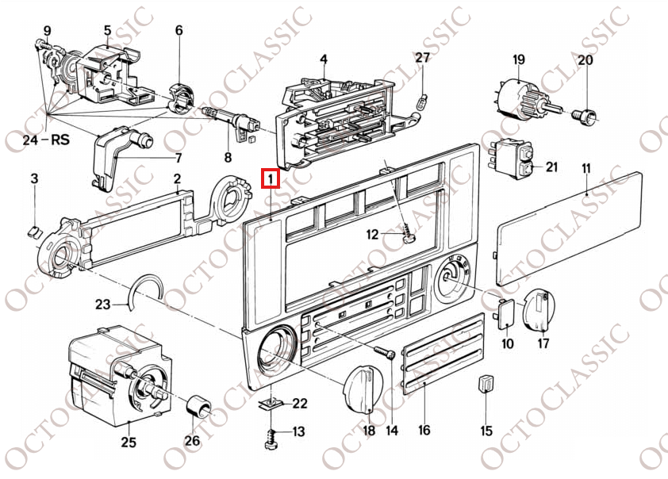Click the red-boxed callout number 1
click(271, 178)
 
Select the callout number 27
click(422, 57)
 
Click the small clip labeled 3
click(33, 232)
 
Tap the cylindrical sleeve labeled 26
click(199, 407)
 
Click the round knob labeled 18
click(363, 389)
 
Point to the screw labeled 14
click(385, 353)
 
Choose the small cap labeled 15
click(486, 383)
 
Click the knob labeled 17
click(539, 309)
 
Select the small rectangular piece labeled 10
click(505, 314)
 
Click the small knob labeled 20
click(585, 117)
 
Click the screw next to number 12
click(407, 234)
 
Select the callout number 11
click(586, 169)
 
